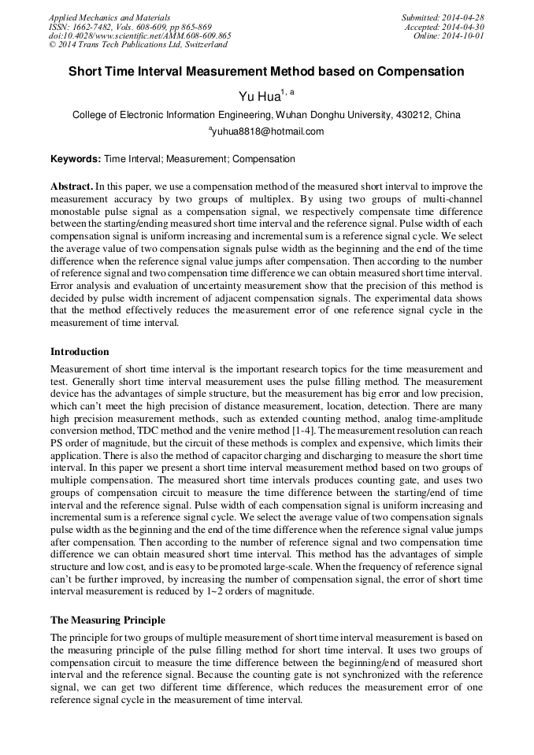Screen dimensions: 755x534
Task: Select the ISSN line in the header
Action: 130,27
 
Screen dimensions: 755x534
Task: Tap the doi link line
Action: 139,36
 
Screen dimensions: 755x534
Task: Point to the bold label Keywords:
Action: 76,159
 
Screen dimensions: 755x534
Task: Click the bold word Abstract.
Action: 72,187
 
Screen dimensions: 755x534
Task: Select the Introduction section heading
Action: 80,351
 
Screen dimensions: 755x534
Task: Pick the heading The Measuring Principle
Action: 108,620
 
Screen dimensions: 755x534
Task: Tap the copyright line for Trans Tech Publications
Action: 138,45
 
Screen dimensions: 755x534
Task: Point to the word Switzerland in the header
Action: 202,45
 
